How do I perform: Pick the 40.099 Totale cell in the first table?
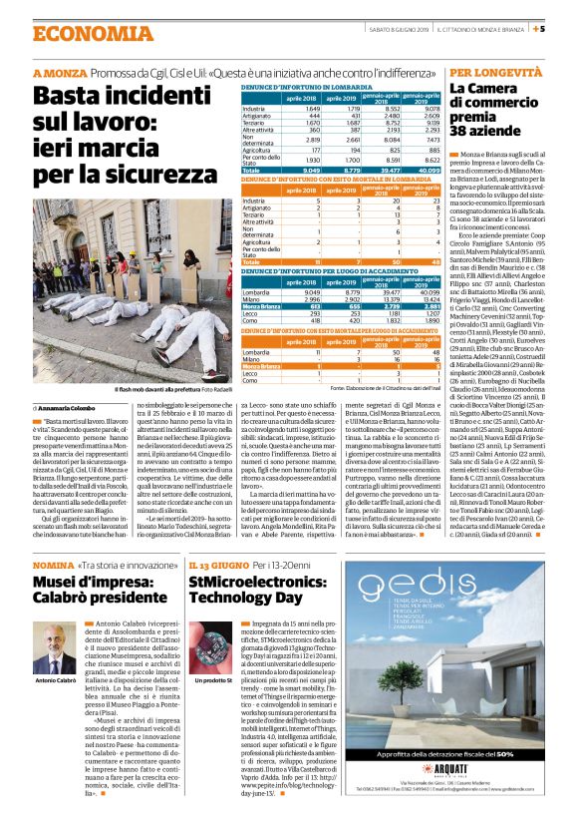point(425,171)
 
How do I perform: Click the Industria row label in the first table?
point(254,108)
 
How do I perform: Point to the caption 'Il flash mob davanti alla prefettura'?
point(159,389)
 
